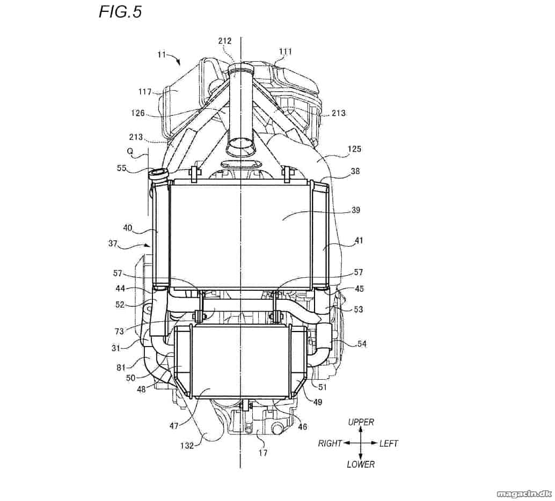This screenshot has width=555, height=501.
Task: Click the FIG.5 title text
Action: tap(120, 12)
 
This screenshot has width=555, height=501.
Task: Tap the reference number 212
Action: tap(225, 41)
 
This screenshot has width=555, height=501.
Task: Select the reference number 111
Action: tap(286, 51)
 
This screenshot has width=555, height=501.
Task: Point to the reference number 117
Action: tap(145, 92)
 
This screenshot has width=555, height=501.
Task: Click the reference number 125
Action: tap(354, 149)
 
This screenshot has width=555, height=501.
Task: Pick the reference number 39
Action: tap(356, 210)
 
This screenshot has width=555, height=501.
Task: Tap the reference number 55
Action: tap(121, 168)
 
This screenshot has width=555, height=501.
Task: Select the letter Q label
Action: tap(130, 151)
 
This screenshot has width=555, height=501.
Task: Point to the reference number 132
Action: tap(187, 445)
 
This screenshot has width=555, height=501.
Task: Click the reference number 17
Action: tap(263, 453)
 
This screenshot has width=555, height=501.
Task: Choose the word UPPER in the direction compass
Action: tap(361, 422)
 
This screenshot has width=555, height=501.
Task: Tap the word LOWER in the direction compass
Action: tap(361, 464)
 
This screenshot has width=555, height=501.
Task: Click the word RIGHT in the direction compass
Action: tap(330, 443)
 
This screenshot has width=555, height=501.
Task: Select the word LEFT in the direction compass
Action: tap(389, 443)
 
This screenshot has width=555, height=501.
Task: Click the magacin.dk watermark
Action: tap(524, 493)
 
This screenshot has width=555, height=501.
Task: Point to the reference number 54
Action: tap(361, 343)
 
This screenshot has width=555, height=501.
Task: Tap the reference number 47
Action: tap(174, 426)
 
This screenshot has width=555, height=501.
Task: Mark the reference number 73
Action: tap(119, 331)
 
